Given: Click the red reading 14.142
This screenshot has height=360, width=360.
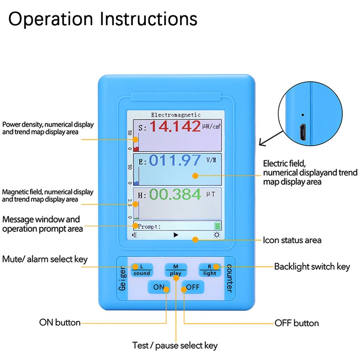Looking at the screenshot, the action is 175,126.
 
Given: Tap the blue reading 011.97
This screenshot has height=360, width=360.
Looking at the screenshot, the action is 175,160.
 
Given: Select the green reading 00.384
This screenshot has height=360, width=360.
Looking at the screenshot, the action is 175,194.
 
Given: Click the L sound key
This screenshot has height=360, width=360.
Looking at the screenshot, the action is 142,270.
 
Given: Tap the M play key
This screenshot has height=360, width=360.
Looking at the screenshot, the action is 175,270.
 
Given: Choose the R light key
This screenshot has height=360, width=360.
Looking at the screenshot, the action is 210,270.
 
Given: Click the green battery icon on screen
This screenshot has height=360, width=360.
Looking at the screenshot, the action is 217,226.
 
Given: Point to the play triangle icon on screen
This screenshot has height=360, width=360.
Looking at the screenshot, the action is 176,235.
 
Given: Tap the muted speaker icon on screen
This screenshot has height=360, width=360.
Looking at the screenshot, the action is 135,235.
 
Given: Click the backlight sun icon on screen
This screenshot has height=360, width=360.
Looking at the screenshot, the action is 217,235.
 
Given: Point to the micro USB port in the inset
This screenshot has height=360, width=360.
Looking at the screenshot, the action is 303,132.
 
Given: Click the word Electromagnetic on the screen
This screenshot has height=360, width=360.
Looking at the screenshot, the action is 175,115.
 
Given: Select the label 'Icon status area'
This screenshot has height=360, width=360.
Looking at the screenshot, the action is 292,240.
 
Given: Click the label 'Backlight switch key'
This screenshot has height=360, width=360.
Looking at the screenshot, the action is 312,267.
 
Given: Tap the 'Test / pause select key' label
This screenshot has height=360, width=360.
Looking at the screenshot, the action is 175,346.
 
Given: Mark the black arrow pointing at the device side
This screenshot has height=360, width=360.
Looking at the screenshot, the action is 271,139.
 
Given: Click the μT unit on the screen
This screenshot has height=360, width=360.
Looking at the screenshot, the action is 211,194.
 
